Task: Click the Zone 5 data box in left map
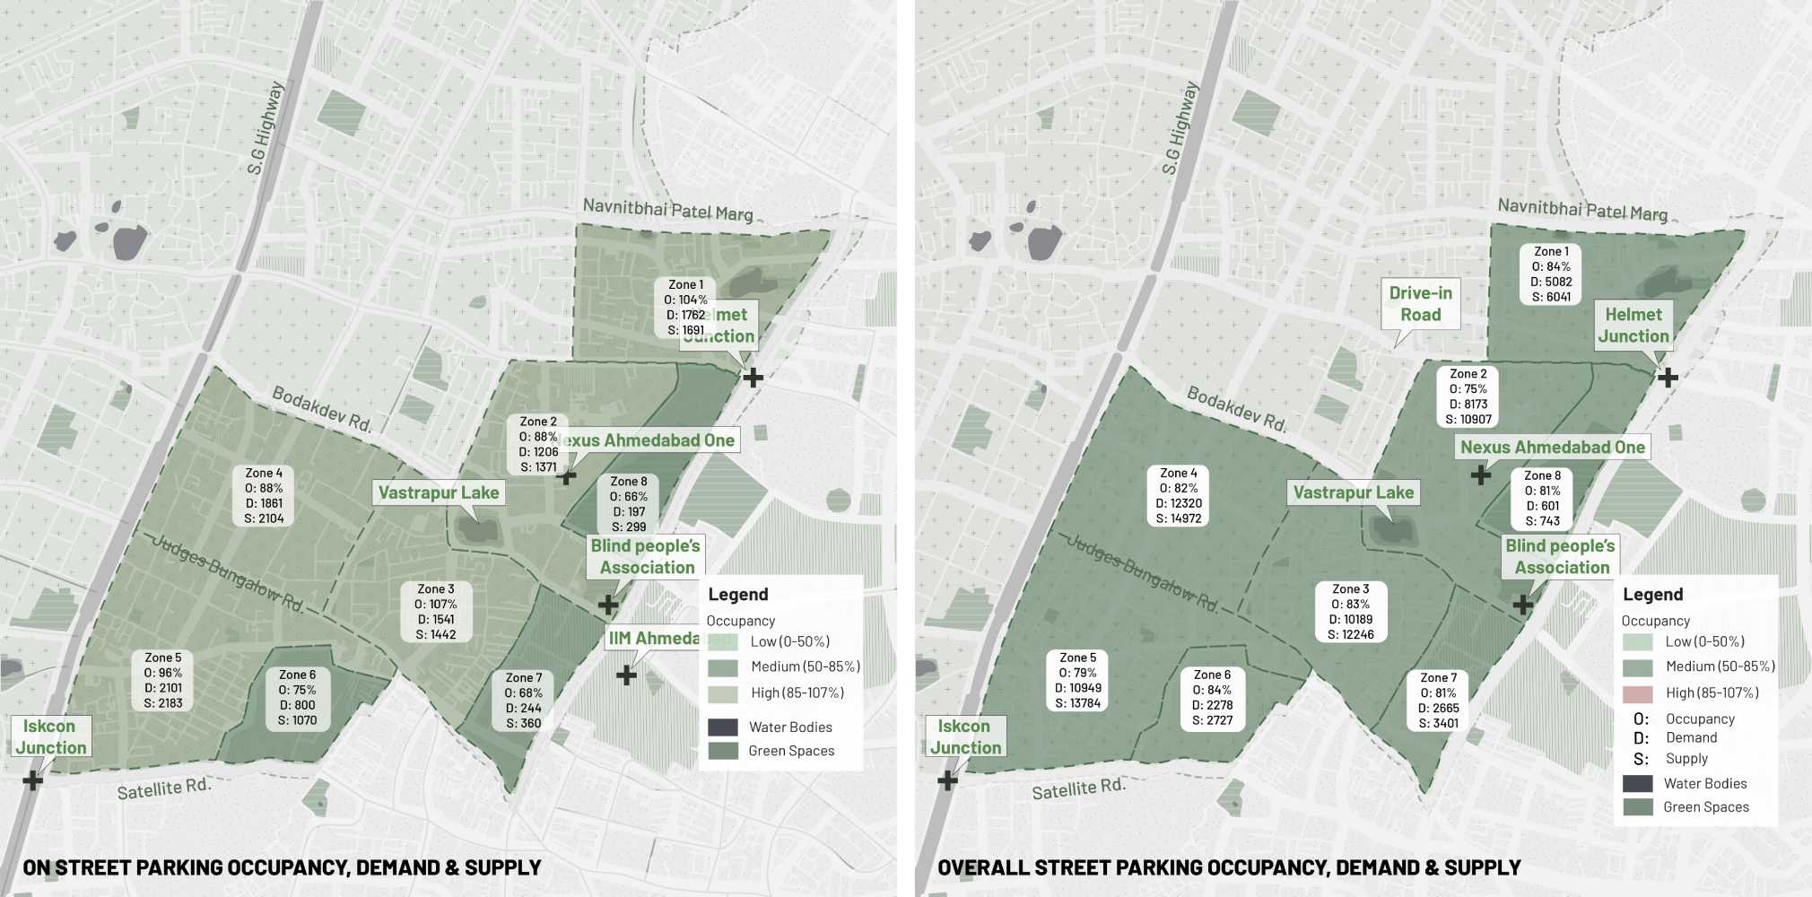163,681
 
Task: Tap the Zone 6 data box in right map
1213,697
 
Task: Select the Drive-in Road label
1420,304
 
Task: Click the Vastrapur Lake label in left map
438,492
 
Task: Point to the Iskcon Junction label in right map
964,736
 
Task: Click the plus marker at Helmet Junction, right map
1668,378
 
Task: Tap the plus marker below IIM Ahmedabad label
626,675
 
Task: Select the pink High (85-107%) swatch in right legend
1638,693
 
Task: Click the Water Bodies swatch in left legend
723,727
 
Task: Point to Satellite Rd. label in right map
1077,788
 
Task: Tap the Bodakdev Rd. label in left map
321,409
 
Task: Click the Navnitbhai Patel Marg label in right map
1582,210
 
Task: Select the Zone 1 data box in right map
1551,274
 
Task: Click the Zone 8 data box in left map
629,503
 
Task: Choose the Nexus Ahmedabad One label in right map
1552,447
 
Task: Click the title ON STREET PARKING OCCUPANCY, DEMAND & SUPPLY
282,867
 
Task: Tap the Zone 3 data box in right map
1351,612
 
